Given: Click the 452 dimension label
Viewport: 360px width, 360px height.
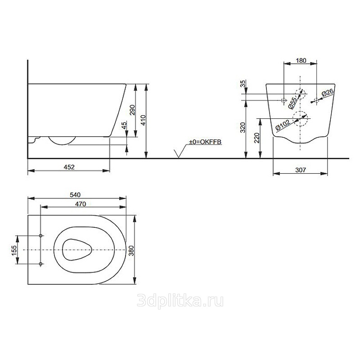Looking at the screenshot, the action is click(69, 167).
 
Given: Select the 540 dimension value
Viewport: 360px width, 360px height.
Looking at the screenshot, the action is click(75, 195).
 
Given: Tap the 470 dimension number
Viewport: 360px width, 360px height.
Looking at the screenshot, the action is click(81, 204).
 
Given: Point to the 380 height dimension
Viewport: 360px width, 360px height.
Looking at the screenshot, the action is click(131, 251).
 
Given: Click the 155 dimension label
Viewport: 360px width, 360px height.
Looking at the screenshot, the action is click(14, 250).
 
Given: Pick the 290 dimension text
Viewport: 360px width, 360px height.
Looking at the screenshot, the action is click(132, 110).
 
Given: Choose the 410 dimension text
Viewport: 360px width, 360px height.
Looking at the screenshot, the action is click(143, 120).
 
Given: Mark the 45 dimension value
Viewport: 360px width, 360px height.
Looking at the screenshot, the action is click(124, 126).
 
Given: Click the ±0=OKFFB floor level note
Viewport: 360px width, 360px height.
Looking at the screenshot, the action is click(205, 142).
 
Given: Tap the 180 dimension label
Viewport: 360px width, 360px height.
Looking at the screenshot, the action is click(301, 60).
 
